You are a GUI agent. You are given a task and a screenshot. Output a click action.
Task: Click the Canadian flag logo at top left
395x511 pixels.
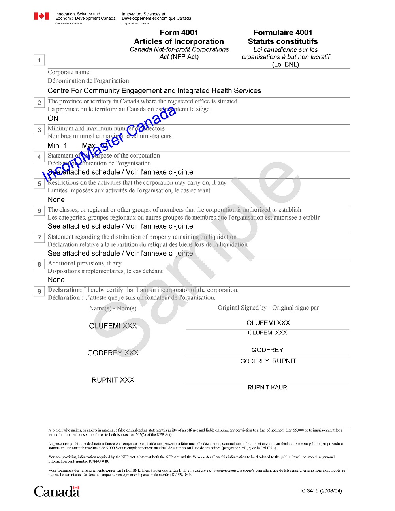pos(41,16)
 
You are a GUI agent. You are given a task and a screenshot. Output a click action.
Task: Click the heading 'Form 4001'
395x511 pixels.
pos(179,33)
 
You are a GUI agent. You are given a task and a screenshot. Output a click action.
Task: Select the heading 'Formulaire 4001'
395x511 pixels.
pos(283,33)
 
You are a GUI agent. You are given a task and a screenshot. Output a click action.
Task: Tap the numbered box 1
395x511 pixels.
pos(39,60)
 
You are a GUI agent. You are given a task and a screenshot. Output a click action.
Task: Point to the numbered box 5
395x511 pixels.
pos(39,184)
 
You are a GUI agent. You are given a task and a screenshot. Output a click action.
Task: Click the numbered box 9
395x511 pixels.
pos(39,291)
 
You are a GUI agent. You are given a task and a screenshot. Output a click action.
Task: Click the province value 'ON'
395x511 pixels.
pos(53,118)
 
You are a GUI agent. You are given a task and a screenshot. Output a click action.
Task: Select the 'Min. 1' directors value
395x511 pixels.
pos(57,146)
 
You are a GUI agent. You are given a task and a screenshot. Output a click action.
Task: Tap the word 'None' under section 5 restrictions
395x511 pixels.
pos(56,200)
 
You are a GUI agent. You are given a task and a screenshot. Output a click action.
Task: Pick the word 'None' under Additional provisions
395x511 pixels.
pos(56,280)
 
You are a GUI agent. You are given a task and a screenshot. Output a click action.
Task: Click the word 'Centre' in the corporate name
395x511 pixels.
pos(58,91)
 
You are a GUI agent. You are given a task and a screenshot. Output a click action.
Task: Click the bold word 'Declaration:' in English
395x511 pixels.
pos(65,290)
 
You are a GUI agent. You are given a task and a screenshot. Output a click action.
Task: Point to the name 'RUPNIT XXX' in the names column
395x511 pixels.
pos(113,380)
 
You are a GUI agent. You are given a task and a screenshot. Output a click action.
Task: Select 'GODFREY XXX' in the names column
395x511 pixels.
pos(113,353)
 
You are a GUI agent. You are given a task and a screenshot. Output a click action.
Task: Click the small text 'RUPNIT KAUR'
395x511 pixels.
pos(267,388)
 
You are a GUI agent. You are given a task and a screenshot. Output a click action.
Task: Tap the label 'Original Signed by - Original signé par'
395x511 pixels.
pos(268,308)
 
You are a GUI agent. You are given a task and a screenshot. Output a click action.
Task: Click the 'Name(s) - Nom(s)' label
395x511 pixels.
pos(113,308)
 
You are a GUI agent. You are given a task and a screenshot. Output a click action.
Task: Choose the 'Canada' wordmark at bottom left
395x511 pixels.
pos(57,492)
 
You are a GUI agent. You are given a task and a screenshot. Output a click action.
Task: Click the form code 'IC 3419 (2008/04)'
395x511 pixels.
pos(321,491)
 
